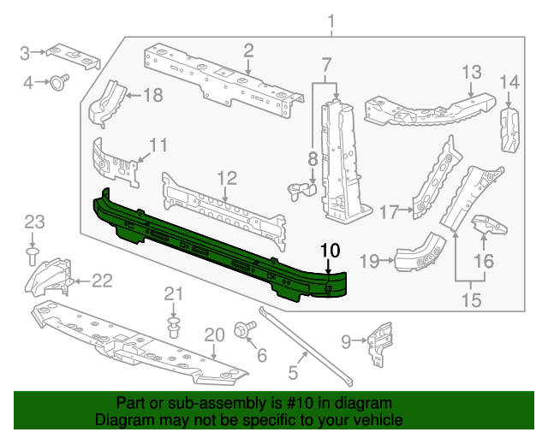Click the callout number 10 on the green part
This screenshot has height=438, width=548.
330,251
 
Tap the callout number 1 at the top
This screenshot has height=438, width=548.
332,21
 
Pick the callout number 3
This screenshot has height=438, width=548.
26,53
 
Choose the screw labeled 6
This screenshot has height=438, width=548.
242,328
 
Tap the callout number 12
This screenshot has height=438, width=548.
226,178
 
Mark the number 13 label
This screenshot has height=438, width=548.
473,71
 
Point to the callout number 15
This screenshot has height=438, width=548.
470,300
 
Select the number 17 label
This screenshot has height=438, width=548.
390,211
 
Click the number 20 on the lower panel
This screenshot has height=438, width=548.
213,335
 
